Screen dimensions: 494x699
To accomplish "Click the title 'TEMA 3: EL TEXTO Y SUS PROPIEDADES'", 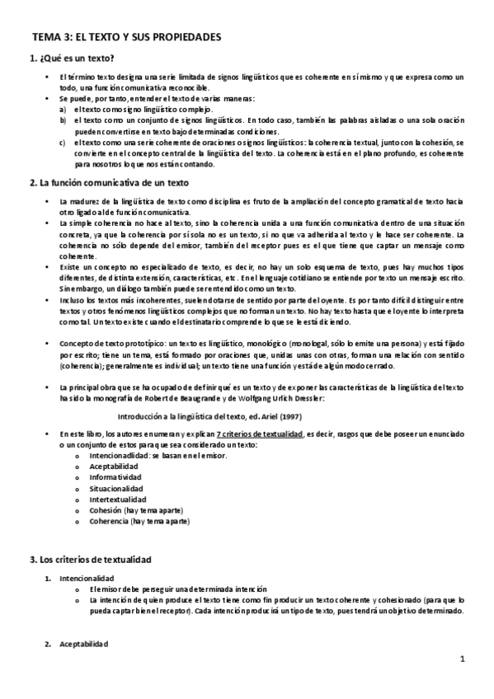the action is tap(125, 37).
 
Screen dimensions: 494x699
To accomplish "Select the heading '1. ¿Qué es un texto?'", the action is tap(71, 59).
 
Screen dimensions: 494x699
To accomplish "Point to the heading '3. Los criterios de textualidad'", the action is tap(96, 560).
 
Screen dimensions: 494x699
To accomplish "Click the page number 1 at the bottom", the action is tap(463, 659).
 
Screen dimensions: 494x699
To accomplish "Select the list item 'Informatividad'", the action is tap(115, 477).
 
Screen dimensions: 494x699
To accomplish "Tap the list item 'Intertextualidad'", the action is tap(117, 500).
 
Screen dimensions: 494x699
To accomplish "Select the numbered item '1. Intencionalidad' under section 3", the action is tap(87, 579).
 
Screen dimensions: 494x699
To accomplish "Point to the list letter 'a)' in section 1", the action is tap(64, 110).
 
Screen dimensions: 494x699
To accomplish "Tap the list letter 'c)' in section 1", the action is tap(64, 142).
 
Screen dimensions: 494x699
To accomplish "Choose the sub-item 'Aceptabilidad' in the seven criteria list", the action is tap(114, 467).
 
